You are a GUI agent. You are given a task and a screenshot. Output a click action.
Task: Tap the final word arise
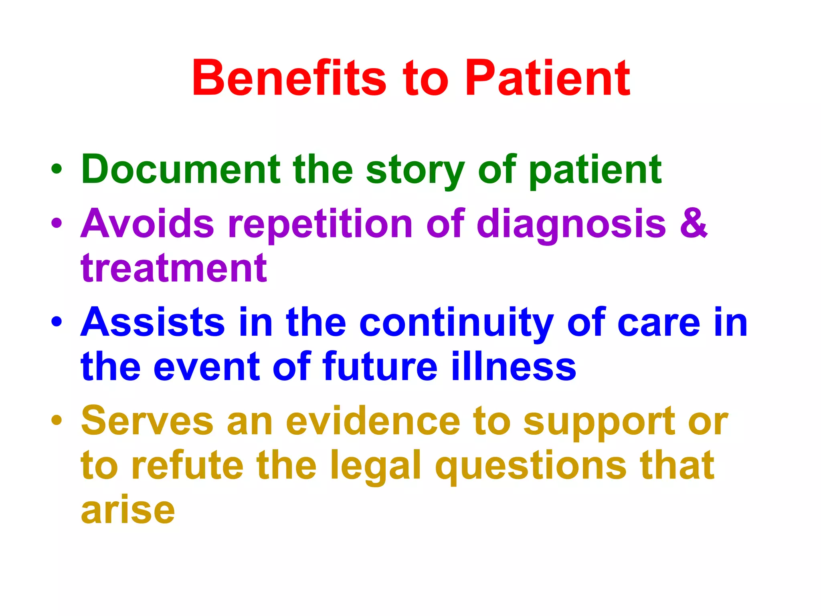pos(128,510)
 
